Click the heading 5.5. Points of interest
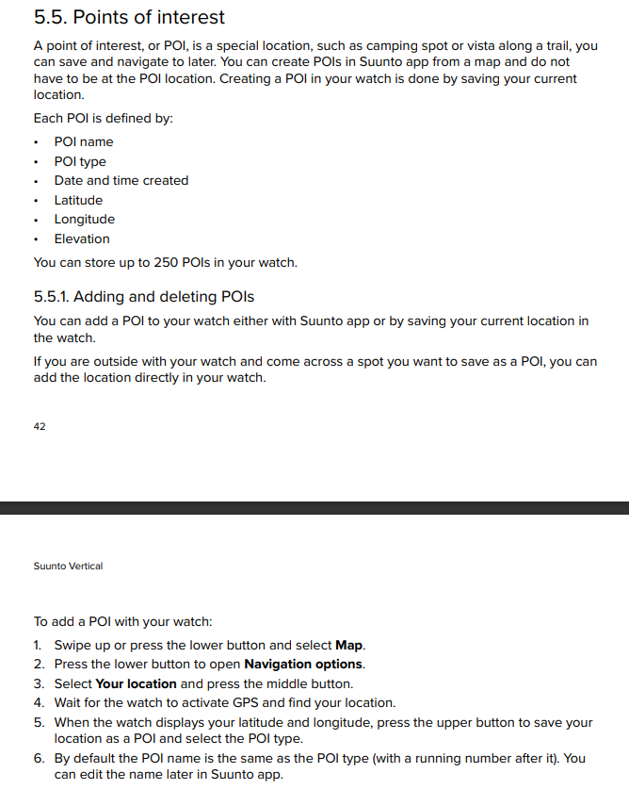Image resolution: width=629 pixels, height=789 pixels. coord(129,17)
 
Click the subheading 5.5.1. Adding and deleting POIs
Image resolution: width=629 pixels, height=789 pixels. coord(143,296)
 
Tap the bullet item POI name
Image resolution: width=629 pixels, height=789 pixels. coord(84,141)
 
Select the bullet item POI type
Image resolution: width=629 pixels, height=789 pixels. coord(80,161)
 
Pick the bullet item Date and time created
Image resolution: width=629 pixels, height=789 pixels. coord(121,180)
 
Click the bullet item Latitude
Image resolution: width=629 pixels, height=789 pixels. coord(78,200)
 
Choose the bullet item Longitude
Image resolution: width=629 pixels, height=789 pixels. coord(85,219)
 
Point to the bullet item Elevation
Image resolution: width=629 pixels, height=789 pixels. coord(82,238)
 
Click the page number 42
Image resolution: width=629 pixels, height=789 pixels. coord(40,426)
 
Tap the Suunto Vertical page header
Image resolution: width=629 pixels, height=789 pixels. coord(68,566)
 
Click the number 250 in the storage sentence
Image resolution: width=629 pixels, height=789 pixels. coord(166,262)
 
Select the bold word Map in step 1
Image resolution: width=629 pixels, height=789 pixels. coord(348,646)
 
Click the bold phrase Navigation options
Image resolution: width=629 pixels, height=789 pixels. coord(303,665)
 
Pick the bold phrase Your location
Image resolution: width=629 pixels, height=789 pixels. coord(136,683)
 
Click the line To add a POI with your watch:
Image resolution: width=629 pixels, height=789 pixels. coord(123,621)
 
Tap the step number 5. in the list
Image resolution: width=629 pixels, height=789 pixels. coord(39,722)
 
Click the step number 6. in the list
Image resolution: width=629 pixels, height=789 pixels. coord(39,758)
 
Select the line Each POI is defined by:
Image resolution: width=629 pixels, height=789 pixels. coord(104,118)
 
